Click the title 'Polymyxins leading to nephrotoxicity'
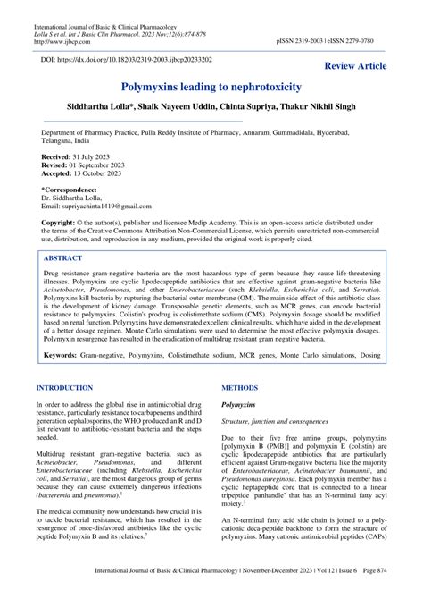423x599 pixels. [x=211, y=90]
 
